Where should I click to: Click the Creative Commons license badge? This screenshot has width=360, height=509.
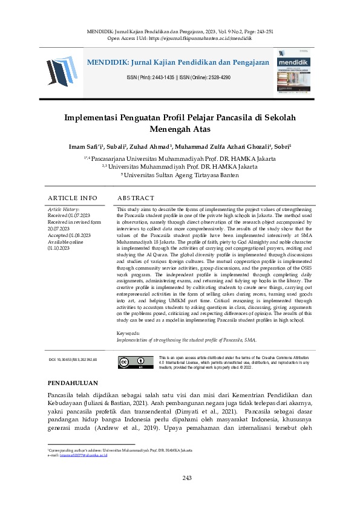(131, 363)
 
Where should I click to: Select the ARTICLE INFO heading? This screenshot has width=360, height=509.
(72, 198)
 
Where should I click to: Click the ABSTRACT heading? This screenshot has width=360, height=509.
(136, 198)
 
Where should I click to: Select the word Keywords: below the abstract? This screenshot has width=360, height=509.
(128, 334)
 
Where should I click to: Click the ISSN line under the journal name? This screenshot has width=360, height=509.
(178, 78)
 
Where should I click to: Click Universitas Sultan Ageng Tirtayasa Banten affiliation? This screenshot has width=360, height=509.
(180, 175)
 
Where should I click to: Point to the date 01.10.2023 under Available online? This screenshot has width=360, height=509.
(59, 248)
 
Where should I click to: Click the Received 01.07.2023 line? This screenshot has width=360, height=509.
(69, 215)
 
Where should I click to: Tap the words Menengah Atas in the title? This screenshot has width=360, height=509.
(180, 129)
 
